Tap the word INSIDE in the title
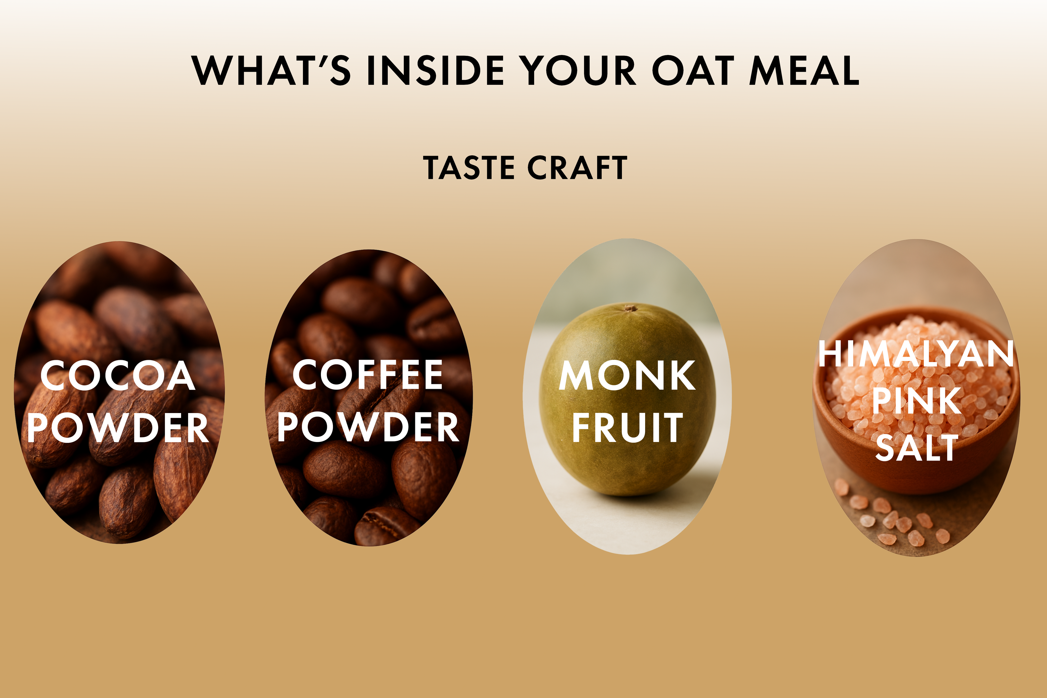click(x=435, y=70)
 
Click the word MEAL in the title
click(x=804, y=70)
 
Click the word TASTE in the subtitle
click(x=469, y=168)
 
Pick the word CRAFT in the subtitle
click(x=577, y=168)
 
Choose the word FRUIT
click(x=627, y=427)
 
